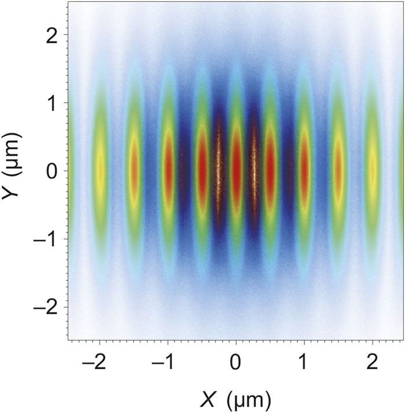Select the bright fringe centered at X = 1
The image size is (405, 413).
coord(304,171)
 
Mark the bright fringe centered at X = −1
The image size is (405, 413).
coord(168,171)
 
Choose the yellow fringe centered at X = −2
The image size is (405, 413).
coord(100,171)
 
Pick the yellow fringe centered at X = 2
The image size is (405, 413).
coord(373,171)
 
